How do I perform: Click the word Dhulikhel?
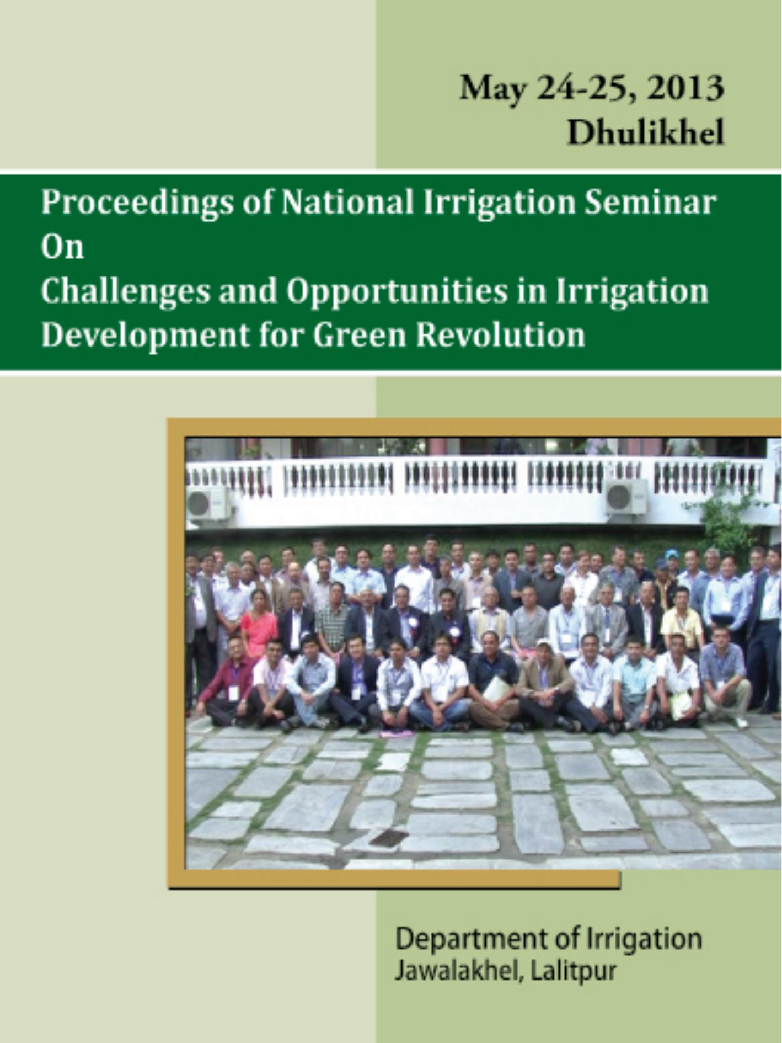coord(645,133)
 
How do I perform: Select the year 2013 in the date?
coord(685,88)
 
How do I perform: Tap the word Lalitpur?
coord(572,971)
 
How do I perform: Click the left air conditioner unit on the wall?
coord(208,503)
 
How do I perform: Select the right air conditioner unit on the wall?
coord(626,496)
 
